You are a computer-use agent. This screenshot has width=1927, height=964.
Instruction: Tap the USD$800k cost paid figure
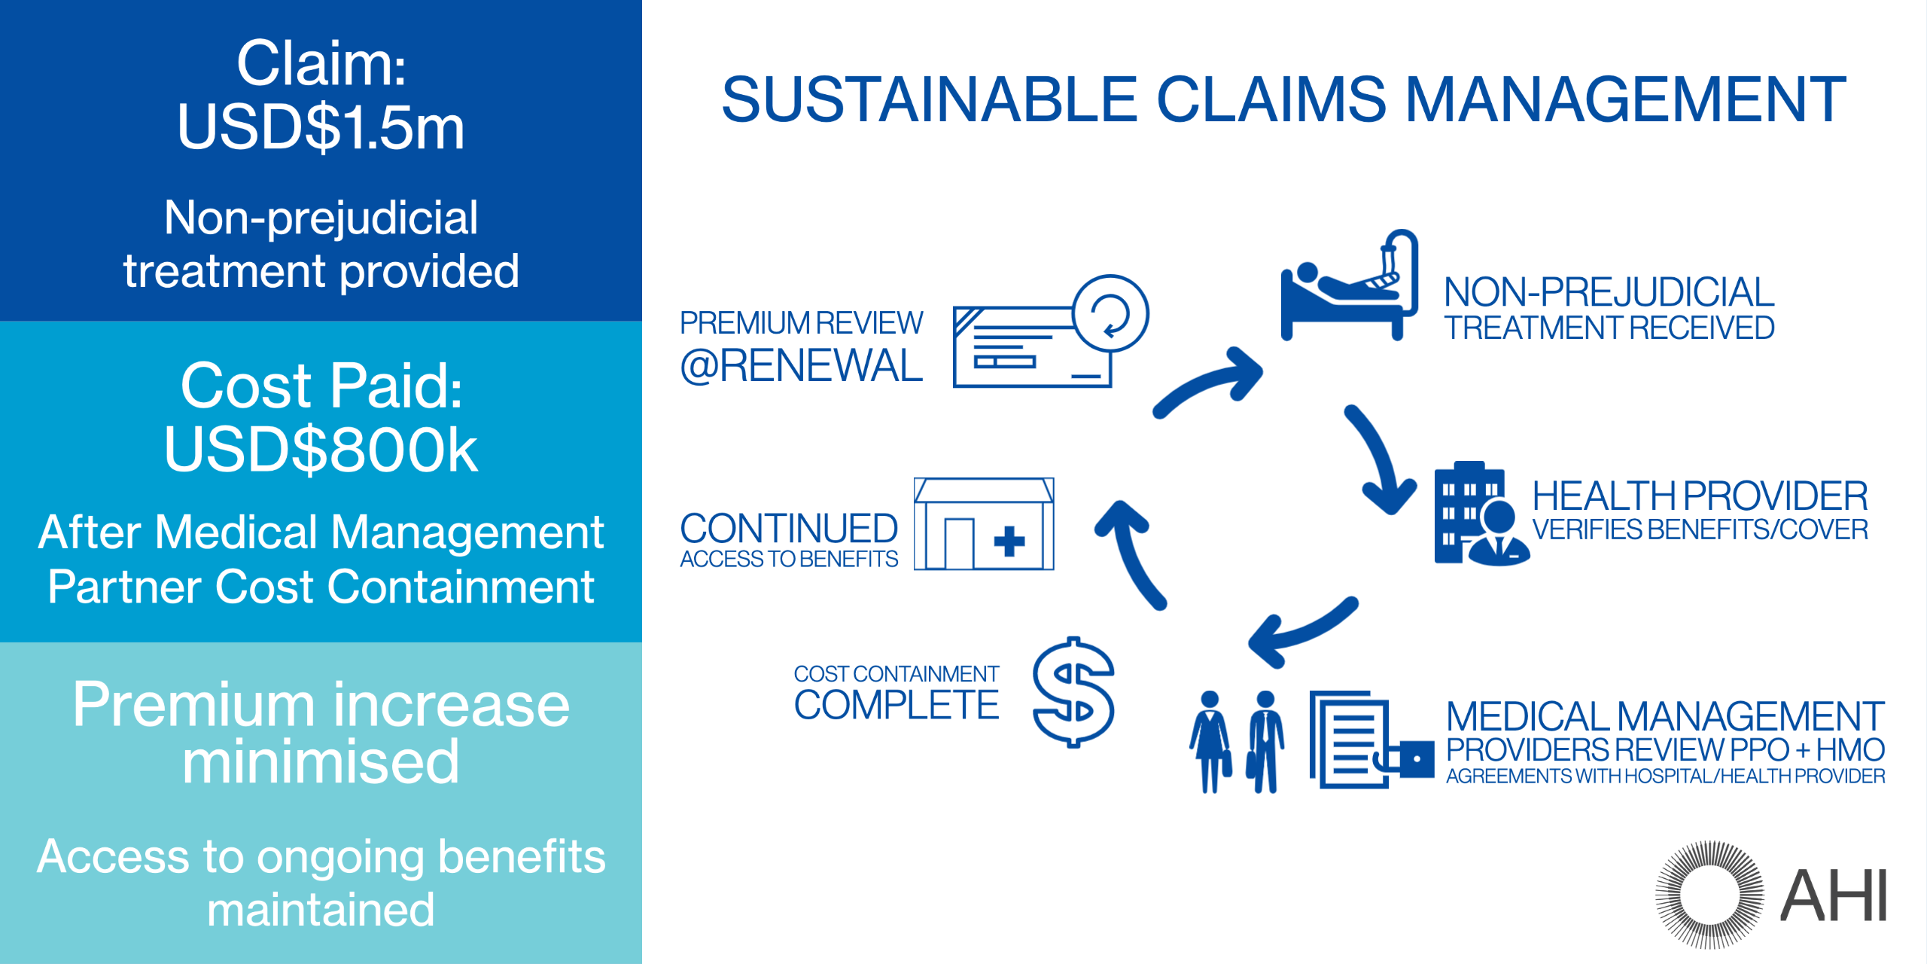coord(321,450)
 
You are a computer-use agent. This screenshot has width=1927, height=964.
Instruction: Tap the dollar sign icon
coord(1073,691)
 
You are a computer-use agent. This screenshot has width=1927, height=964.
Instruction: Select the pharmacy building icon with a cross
coord(984,524)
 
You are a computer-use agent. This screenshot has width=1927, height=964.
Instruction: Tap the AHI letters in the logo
coord(1834,895)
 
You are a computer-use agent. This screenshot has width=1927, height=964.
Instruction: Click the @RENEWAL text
coord(801,366)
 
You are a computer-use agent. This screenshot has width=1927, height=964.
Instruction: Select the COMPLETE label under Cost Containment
coord(897,705)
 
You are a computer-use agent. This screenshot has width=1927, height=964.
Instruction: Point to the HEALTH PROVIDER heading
coord(1700,496)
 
